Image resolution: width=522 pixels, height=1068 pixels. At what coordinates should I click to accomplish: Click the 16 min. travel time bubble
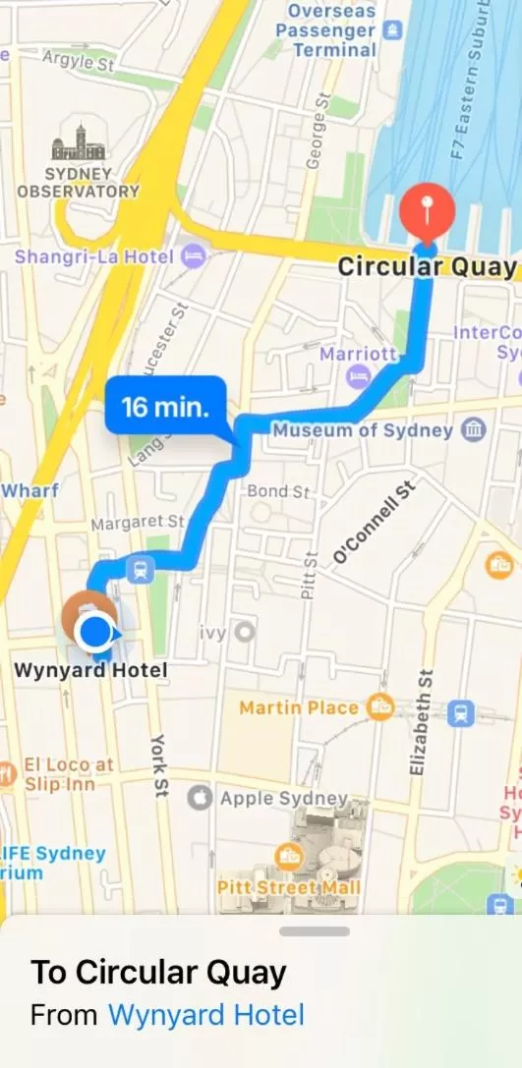165,406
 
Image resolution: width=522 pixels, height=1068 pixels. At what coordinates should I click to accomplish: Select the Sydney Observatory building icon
79,144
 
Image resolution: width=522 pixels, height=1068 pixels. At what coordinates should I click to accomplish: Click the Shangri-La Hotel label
93,257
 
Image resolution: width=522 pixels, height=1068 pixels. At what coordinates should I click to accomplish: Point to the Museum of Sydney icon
475,429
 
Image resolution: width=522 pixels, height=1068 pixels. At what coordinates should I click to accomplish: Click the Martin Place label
298,707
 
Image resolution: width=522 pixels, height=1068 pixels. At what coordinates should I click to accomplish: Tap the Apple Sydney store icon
200,798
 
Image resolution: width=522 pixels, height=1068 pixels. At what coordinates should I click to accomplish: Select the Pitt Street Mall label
289,887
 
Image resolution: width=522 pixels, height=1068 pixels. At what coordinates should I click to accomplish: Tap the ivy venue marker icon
243,633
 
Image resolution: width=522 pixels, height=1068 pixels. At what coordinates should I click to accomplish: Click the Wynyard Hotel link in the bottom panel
205,1014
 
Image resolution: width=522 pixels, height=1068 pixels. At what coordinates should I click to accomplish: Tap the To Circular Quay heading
159,973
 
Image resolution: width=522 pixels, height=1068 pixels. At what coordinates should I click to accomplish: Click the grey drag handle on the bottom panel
315,930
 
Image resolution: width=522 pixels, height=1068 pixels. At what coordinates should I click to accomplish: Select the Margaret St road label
137,524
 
